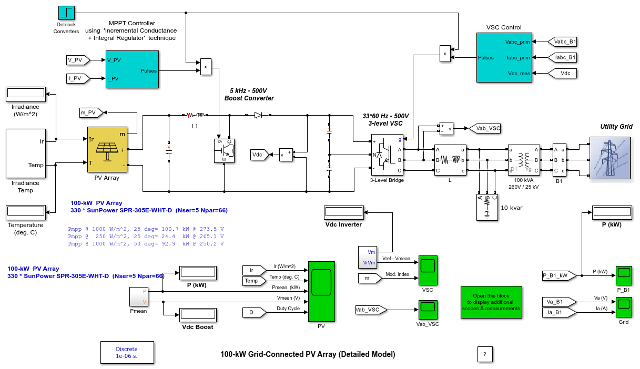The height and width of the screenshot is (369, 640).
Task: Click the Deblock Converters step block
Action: [66, 13]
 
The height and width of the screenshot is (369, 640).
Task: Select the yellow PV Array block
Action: [107, 149]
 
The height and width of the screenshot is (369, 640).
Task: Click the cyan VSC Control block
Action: [504, 57]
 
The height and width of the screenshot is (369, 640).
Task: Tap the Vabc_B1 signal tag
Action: [562, 42]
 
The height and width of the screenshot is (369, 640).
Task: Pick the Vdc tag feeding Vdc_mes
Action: [562, 74]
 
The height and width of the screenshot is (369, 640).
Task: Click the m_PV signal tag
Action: [91, 112]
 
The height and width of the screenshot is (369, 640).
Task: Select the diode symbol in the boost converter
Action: [258, 115]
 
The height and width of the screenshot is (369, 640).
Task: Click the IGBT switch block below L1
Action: [224, 151]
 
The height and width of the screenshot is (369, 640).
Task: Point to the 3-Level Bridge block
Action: [387, 155]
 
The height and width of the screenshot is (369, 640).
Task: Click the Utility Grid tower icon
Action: [610, 158]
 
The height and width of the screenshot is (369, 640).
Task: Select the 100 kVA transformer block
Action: [524, 160]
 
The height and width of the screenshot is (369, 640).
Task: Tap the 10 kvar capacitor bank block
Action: [487, 207]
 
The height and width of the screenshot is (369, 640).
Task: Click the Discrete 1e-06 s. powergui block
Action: [127, 352]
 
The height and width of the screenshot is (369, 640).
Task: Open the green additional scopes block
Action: [491, 302]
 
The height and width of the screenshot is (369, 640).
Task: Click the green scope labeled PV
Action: [321, 291]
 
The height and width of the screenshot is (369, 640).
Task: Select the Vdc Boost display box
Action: [198, 315]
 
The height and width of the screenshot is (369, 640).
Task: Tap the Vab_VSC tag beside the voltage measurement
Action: [484, 128]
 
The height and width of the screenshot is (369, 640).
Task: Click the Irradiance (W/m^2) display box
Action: [26, 94]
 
